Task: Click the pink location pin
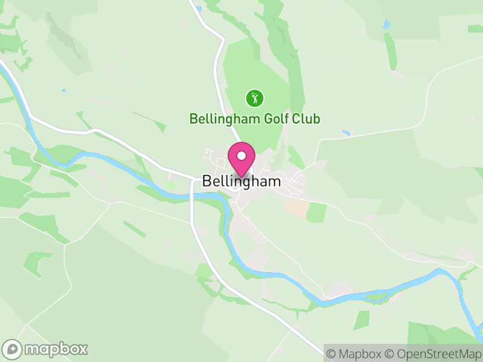tap(241, 160)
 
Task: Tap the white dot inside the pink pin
tap(241, 156)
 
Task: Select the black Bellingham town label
tap(241, 181)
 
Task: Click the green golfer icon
tap(254, 98)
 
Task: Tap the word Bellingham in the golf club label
tap(225, 118)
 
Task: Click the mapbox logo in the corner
tap(46, 349)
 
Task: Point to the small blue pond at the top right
tap(386, 25)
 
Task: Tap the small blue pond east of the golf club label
tap(345, 133)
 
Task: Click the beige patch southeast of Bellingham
tap(296, 209)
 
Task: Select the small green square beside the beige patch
tap(316, 212)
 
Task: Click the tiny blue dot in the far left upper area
tap(63, 91)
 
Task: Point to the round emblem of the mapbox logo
tap(12, 349)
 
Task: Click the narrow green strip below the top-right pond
tap(391, 51)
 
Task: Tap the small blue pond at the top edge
tap(197, 8)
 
